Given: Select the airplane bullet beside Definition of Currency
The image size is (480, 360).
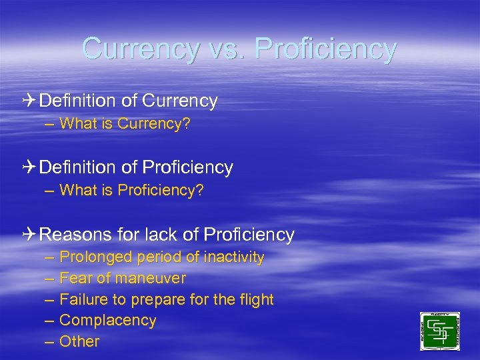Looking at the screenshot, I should pos(30,101).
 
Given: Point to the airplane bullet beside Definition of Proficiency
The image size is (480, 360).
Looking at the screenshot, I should pos(30,167).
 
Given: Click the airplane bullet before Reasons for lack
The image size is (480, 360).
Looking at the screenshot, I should pos(30,235).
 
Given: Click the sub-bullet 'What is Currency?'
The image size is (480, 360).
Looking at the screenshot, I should pos(125,124).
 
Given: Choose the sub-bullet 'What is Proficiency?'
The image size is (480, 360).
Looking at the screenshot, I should pos(131,191).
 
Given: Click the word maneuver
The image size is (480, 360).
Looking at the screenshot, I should pos(151,278).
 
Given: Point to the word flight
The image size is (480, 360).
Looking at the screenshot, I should pos(256,299).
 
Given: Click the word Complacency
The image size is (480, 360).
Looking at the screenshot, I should pos(108,320).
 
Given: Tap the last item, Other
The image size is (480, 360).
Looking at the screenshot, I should pos(79,341).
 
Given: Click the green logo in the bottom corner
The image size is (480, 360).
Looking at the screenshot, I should pos(439,331).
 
